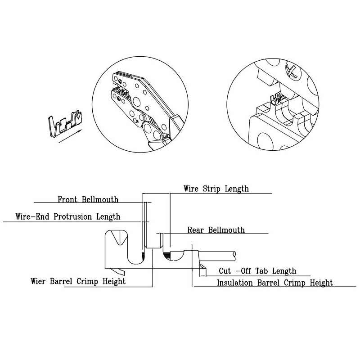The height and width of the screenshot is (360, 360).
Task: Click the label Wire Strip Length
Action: tap(216, 189)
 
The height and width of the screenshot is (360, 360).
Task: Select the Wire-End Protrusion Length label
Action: tap(68, 216)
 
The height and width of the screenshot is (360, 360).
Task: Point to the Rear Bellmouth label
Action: tap(216, 230)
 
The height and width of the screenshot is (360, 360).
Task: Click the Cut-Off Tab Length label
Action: tap(257, 271)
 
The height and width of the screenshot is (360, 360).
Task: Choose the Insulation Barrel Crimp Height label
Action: tap(275, 283)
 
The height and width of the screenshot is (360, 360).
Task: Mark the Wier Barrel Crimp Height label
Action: tap(78, 281)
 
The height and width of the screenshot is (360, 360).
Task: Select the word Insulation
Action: tap(238, 283)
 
